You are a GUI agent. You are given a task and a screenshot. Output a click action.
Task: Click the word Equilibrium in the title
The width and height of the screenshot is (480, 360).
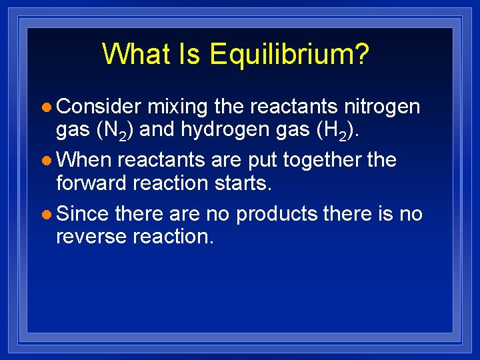click(x=289, y=55)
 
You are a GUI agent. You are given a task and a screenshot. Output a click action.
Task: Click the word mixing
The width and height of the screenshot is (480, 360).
click(x=178, y=107)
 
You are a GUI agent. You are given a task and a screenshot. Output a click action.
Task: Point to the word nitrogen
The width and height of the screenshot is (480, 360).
click(x=382, y=107)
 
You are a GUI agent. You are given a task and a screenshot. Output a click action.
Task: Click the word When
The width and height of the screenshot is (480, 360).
click(x=85, y=160)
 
